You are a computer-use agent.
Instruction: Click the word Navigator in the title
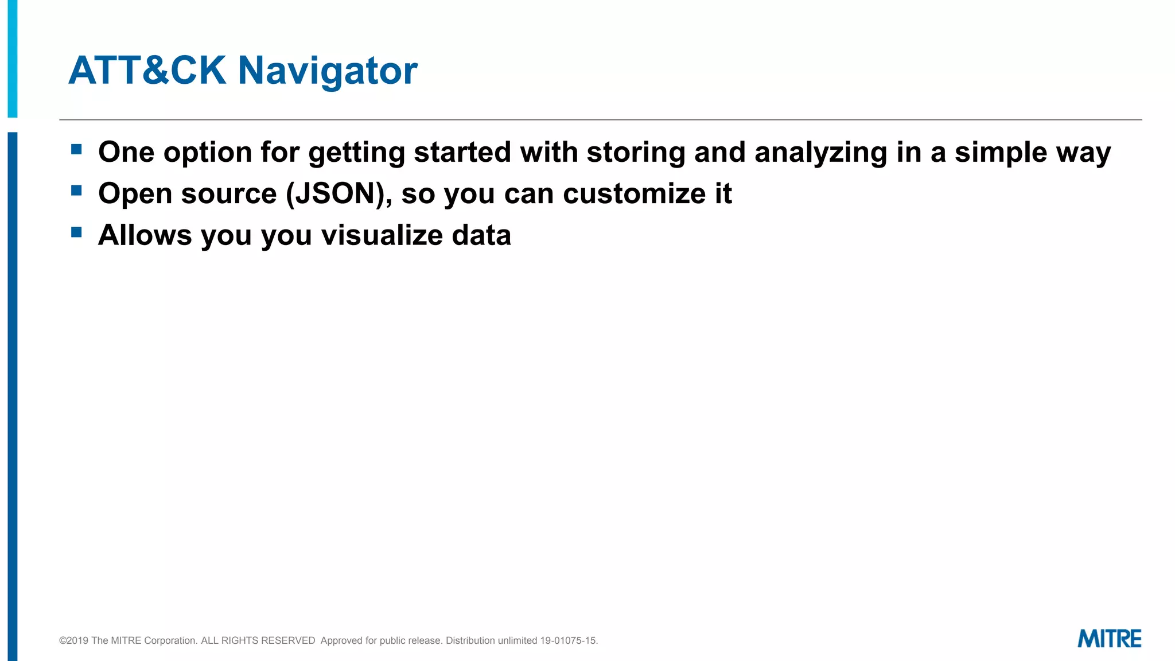click(x=328, y=71)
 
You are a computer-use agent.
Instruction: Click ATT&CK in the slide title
click(x=147, y=71)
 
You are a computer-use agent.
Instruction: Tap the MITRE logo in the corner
click(x=1109, y=639)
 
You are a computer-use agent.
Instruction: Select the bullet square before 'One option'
click(x=76, y=150)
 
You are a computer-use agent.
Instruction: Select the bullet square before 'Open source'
click(x=76, y=190)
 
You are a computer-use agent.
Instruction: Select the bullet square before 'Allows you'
click(x=76, y=232)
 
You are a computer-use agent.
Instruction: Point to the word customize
click(x=633, y=194)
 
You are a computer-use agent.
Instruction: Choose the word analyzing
click(x=820, y=153)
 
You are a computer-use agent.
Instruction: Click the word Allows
click(x=145, y=235)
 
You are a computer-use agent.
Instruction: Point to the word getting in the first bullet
click(x=356, y=153)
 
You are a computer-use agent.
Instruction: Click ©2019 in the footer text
click(x=73, y=640)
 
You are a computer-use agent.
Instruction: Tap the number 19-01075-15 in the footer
click(x=568, y=640)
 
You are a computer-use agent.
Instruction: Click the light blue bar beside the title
click(x=13, y=57)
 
